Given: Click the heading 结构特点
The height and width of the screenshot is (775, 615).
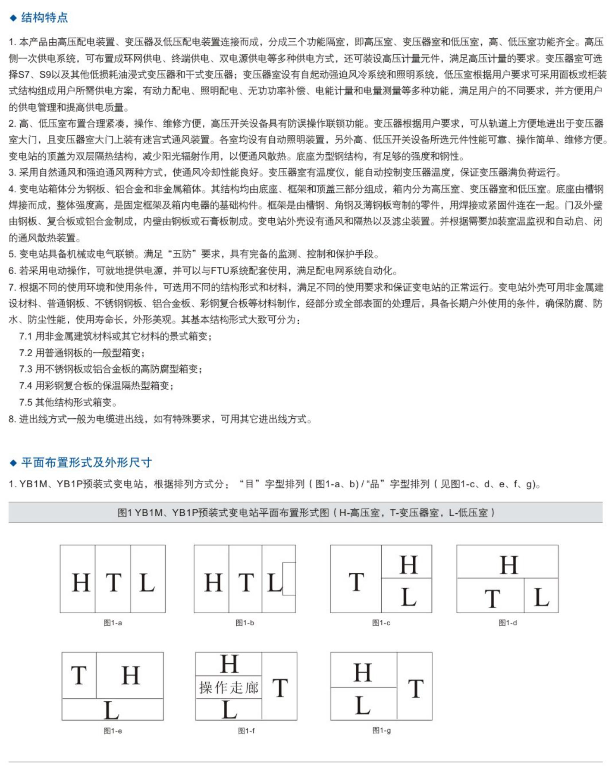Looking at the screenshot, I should pos(44,18).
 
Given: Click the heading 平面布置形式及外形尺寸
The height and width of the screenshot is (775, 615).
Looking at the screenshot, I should pos(86,462).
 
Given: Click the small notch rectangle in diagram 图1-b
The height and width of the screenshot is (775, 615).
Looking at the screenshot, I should pos(289,579).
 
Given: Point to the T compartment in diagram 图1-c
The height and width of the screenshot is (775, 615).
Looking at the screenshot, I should pos(356,579).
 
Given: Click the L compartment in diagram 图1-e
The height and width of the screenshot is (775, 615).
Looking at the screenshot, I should pos(113,709).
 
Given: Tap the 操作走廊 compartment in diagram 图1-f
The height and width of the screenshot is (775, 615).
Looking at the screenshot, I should pos(229,687).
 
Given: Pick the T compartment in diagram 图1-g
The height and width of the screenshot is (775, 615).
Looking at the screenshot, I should pos(414,686).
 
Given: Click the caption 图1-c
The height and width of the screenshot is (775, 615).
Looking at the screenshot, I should pos(381,623).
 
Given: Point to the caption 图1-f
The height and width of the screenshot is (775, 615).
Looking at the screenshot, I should pos(247,731).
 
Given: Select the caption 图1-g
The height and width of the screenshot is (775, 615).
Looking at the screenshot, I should pos(382,730).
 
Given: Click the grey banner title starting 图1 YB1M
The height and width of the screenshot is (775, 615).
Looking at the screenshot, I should pos(306,512).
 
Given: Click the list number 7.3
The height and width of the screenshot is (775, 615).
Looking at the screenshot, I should pos(25,369).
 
